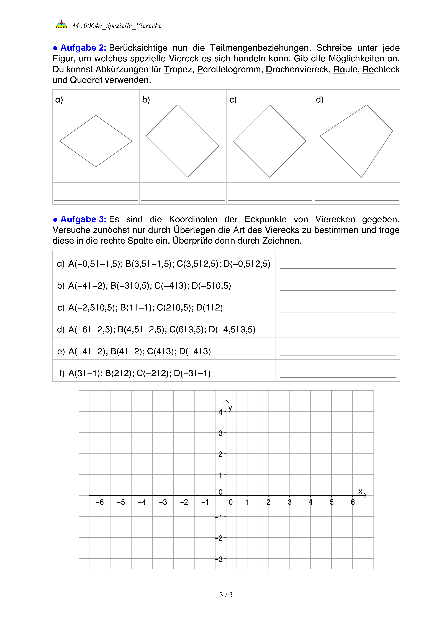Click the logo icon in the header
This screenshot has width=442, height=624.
[x=61, y=24]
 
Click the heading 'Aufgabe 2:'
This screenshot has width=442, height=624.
[x=83, y=48]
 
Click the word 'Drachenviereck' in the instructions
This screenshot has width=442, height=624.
[x=298, y=69]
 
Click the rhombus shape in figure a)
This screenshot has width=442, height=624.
[x=96, y=141]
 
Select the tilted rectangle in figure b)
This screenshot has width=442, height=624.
[x=183, y=141]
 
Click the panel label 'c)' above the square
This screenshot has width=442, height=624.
[x=233, y=100]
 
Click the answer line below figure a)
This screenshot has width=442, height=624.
[x=96, y=200]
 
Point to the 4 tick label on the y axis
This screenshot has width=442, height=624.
[x=220, y=412]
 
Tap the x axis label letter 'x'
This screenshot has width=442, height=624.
[x=360, y=491]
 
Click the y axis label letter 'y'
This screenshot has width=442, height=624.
[x=230, y=408]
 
